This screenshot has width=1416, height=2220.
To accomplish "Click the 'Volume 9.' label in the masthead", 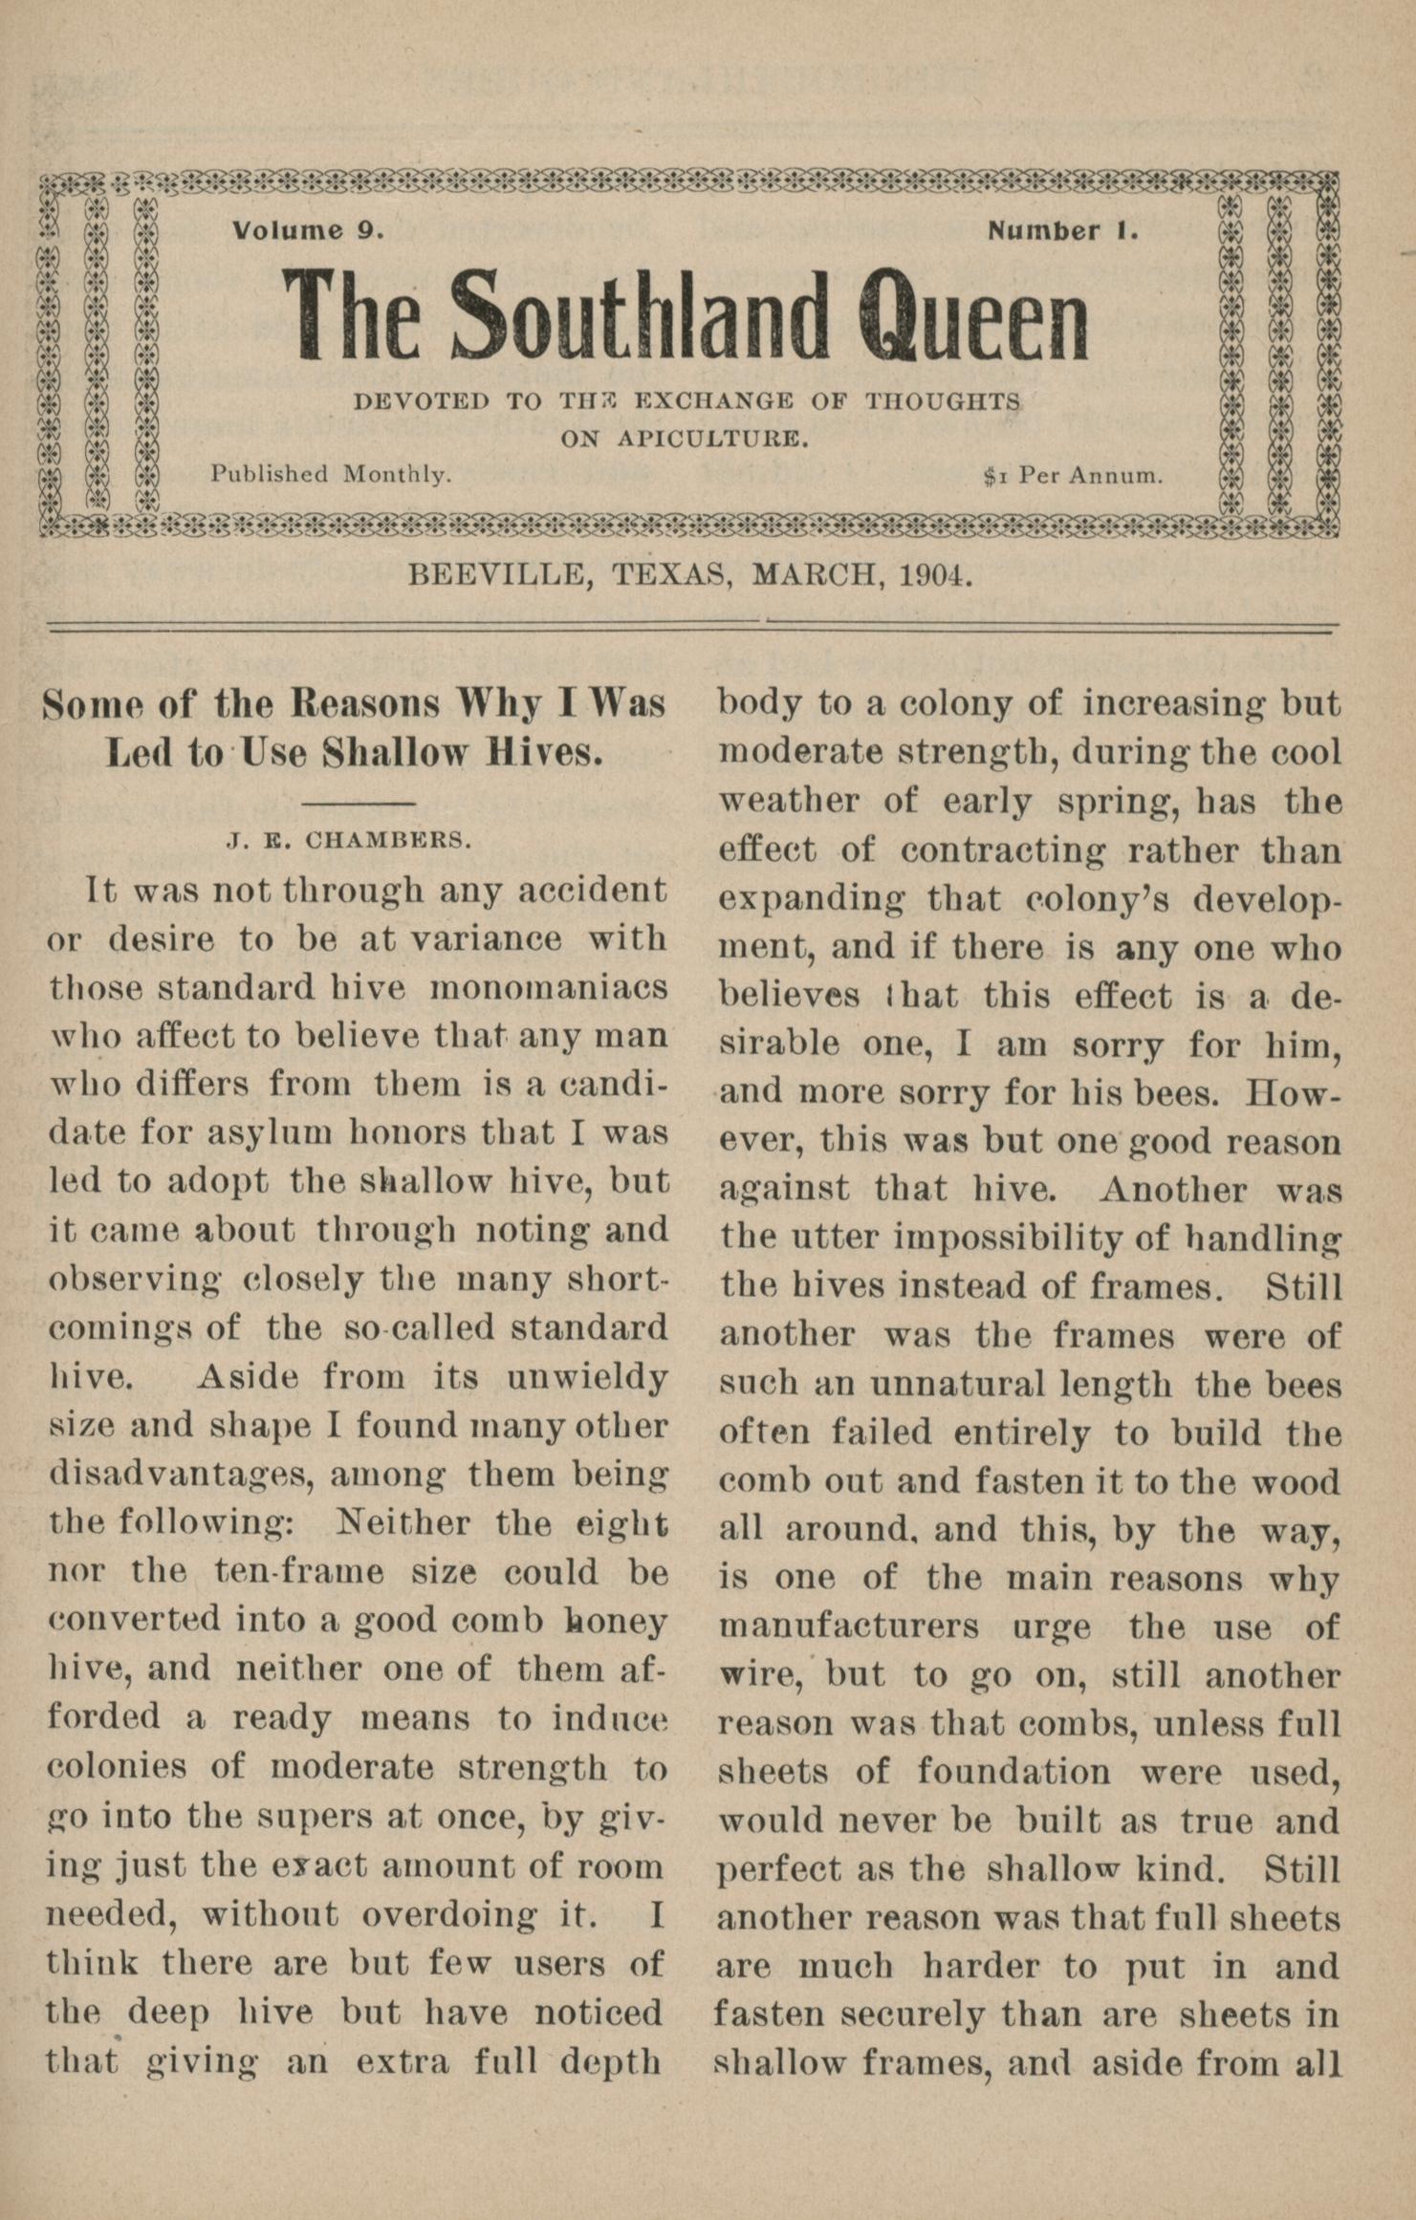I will point(308,230).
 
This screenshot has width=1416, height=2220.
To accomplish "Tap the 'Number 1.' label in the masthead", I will point(1062,230).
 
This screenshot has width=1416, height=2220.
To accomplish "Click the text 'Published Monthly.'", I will point(331,474).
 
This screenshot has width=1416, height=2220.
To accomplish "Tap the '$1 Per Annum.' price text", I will point(1073,475).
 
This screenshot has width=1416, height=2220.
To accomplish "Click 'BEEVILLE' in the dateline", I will point(496,574).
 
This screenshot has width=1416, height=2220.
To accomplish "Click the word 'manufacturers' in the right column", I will point(848,1626).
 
